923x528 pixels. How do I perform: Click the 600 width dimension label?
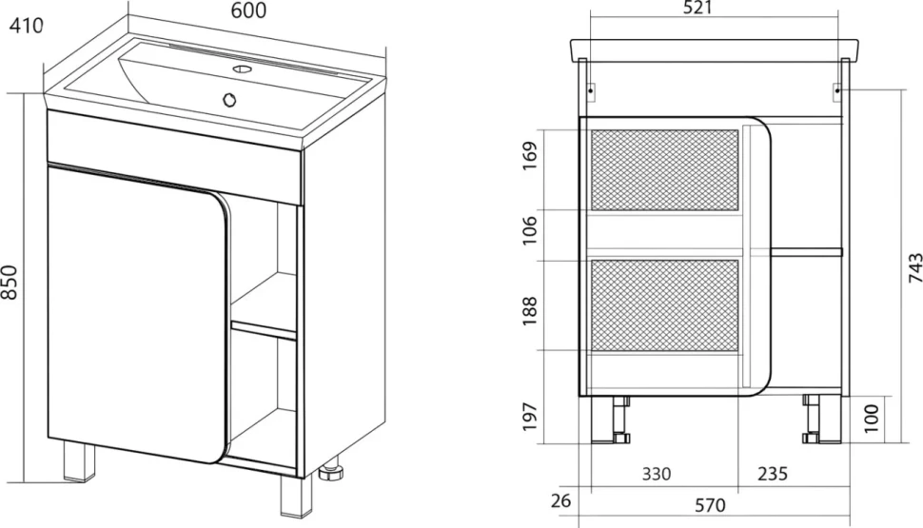[x=248, y=10]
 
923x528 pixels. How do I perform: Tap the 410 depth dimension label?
[x=27, y=26]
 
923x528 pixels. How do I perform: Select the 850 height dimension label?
[x=10, y=282]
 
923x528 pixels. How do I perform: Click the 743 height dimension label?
[x=914, y=268]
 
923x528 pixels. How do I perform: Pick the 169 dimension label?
[x=530, y=156]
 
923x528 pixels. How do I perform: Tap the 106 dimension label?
[x=530, y=230]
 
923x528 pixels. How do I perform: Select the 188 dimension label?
[x=530, y=311]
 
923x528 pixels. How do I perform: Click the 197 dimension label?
[x=530, y=417]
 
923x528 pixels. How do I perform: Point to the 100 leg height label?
[x=872, y=419]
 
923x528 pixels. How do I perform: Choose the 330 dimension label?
[x=657, y=474]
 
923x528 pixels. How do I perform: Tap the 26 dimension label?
[x=561, y=500]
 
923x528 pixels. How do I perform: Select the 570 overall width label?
[x=710, y=505]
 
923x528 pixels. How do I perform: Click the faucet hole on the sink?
[x=241, y=68]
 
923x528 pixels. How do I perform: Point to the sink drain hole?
[x=229, y=100]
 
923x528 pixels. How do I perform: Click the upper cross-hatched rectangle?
[x=664, y=170]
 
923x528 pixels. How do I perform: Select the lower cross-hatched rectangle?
[x=664, y=305]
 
